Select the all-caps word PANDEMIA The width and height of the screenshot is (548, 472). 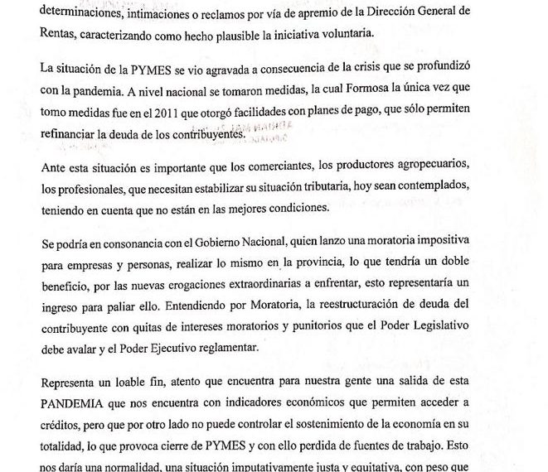point(77,403)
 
